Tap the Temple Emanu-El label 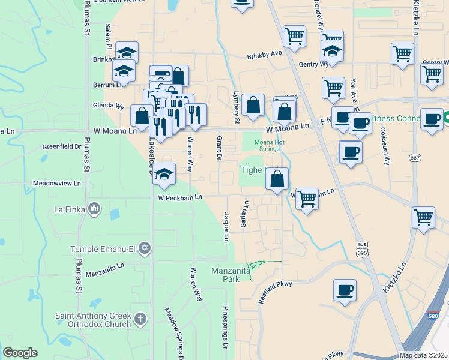tap(103, 248)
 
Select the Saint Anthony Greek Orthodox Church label tap(93, 320)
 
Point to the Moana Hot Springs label tap(269, 146)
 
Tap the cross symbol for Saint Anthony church tap(139, 319)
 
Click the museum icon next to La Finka tap(94, 209)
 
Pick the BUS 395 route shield tap(361, 248)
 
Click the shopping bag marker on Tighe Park tap(277, 179)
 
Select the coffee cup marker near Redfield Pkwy tap(345, 290)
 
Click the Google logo tap(20, 353)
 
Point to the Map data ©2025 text tap(423, 355)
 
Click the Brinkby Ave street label tap(264, 53)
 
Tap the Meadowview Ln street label tap(56, 183)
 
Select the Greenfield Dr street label tap(61, 146)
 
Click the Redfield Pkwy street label tap(274, 292)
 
